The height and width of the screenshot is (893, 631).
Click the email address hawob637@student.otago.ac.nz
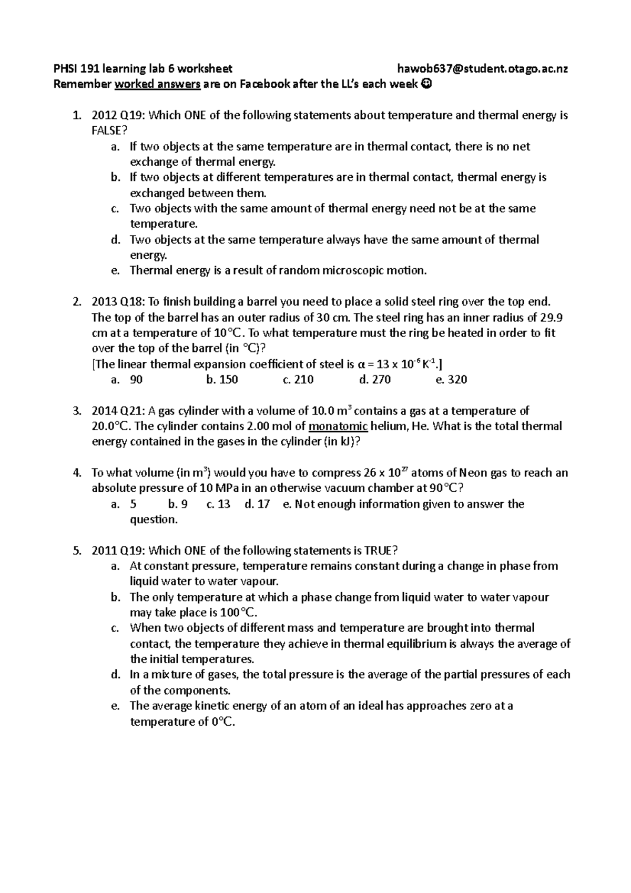pyautogui.click(x=483, y=68)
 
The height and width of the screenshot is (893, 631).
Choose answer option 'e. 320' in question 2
pyautogui.click(x=452, y=380)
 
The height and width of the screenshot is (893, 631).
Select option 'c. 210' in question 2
pyautogui.click(x=298, y=380)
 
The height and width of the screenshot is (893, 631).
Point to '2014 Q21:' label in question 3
pyautogui.click(x=118, y=411)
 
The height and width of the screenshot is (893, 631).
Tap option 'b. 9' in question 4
pyautogui.click(x=178, y=504)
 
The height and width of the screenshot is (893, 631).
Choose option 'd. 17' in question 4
pyautogui.click(x=257, y=504)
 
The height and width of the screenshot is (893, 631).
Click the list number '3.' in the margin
pyautogui.click(x=77, y=411)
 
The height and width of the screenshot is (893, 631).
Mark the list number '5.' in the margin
pyautogui.click(x=77, y=551)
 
